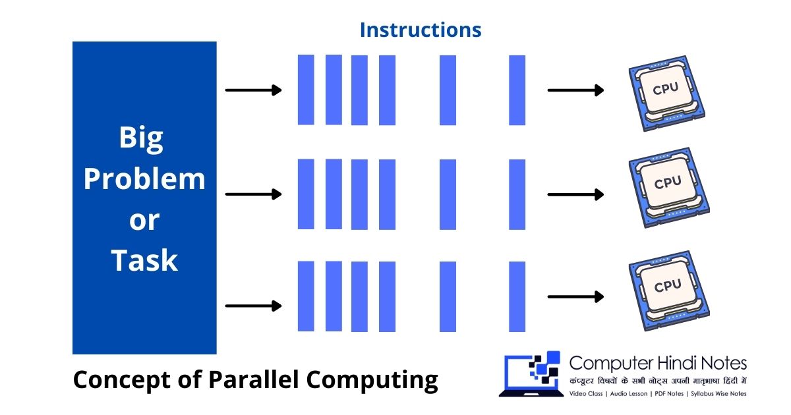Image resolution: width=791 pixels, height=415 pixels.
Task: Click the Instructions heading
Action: [x=421, y=30]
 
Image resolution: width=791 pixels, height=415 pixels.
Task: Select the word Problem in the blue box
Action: [x=144, y=179]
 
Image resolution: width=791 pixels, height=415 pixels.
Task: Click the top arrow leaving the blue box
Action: [x=253, y=90]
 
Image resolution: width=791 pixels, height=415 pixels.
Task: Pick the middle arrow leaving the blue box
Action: [x=253, y=194]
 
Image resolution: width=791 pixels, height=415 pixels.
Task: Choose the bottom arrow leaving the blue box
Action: [x=253, y=306]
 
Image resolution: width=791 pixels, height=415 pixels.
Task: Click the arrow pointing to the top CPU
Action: [x=575, y=90]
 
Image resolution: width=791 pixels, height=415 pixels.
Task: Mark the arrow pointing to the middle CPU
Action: [x=575, y=194]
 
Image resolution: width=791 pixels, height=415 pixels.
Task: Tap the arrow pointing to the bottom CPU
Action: [x=575, y=297]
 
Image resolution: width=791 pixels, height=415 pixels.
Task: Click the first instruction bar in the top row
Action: [x=306, y=90]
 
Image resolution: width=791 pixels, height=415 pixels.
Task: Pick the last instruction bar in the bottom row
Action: [x=517, y=296]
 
